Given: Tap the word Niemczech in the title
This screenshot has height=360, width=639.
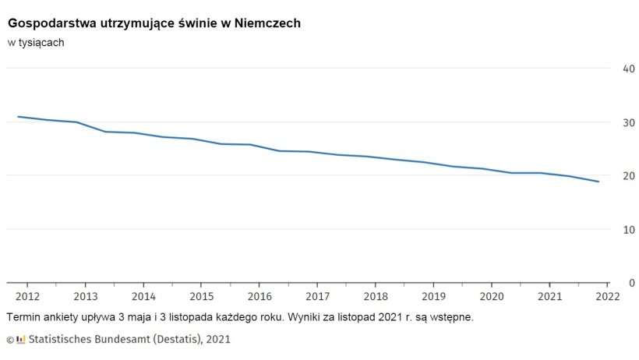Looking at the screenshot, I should coord(268,24).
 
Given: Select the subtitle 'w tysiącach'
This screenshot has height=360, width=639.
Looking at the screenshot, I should coord(36,43).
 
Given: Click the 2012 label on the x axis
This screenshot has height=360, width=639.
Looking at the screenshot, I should coord(27,296).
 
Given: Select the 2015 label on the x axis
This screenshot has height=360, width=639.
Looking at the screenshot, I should coord(201,296).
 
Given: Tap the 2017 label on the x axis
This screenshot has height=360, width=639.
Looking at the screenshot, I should coord(317,296).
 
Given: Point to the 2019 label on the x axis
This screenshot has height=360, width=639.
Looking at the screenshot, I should coord(433,296).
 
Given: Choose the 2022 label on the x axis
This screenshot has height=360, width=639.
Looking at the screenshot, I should coord(607,296).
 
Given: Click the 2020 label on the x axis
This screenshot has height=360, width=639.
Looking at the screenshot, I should coord(491,296).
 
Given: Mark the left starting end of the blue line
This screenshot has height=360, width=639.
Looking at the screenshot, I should coord(18,117).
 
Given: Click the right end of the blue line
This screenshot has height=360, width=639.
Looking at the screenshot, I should coord(598,182).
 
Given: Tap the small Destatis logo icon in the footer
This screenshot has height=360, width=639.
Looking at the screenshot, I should coord(21,339).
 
